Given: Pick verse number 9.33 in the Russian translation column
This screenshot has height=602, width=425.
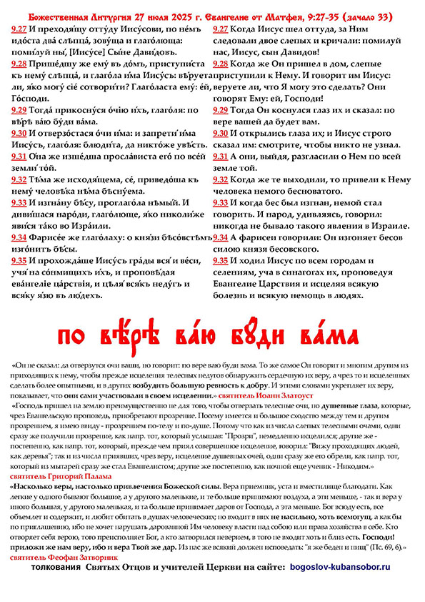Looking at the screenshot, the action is [x=221, y=202].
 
